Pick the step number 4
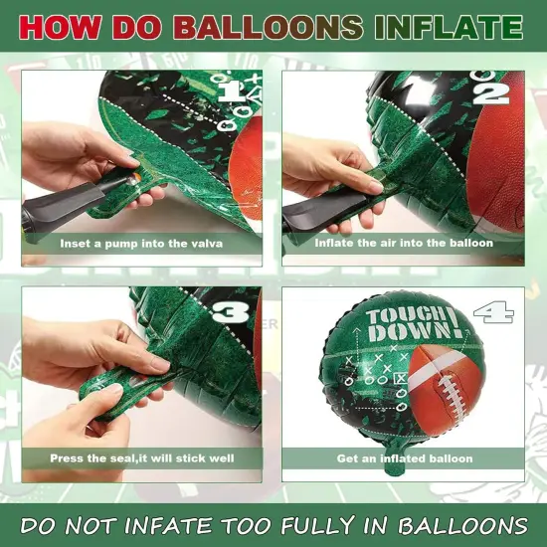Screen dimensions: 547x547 click(x=494, y=314)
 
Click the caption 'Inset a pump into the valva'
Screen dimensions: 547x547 click(x=141, y=243)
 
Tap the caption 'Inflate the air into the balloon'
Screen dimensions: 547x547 click(x=404, y=243)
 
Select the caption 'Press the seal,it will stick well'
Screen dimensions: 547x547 click(x=141, y=458)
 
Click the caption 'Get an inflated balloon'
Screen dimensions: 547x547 click(x=404, y=458)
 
